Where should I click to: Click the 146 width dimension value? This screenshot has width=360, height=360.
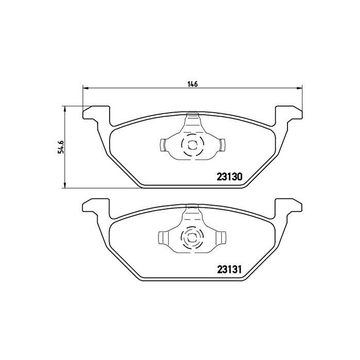tap(192, 84)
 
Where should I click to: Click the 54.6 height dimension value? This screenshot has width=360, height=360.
tap(60, 147)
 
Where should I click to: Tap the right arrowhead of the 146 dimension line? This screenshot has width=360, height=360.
tap(299, 89)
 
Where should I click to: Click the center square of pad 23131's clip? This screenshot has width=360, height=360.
tap(192, 237)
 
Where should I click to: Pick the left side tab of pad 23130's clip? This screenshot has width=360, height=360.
tap(163, 145)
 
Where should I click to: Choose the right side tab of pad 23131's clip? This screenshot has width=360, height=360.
tap(222, 238)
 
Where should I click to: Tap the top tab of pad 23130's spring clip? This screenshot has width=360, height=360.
tap(192, 116)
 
